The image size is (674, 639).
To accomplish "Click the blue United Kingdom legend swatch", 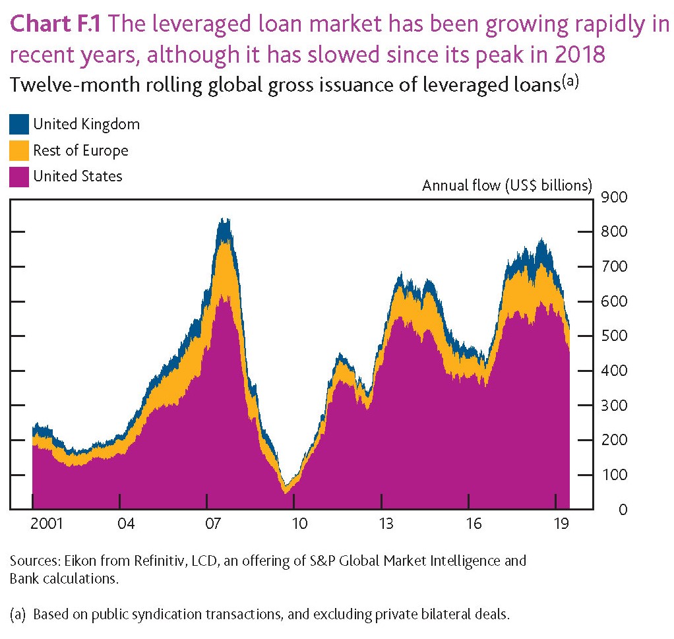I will point(19,124).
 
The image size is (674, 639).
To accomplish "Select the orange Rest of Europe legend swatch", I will point(19,150).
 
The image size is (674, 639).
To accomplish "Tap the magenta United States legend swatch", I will point(19,176).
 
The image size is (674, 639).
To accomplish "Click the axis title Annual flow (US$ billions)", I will point(507,185).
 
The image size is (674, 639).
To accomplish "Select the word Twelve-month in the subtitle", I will point(57,86).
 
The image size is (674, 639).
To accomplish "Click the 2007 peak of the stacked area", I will point(224,221).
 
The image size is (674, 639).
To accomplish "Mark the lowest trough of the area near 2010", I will point(286,491).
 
